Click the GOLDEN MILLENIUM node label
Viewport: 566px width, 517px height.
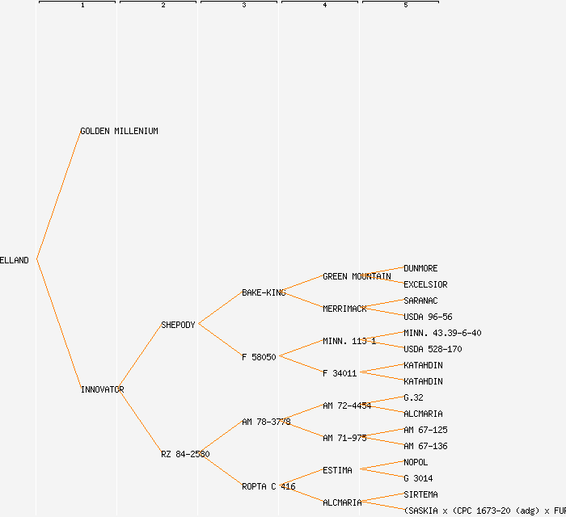pyautogui.click(x=119, y=131)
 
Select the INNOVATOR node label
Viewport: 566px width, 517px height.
pyautogui.click(x=102, y=389)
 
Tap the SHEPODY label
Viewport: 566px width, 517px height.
pyautogui.click(x=178, y=325)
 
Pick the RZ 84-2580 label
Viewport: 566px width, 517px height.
pyautogui.click(x=185, y=454)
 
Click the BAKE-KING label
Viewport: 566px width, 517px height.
pyautogui.click(x=264, y=292)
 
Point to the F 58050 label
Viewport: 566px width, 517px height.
pyautogui.click(x=259, y=357)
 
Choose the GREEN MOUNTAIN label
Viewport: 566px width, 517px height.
pyautogui.click(x=357, y=276)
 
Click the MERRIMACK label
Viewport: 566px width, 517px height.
pyautogui.click(x=344, y=309)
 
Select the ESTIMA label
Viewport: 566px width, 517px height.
pyautogui.click(x=337, y=470)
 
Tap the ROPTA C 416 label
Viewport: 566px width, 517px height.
pyautogui.click(x=268, y=486)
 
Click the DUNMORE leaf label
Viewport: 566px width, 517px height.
pyautogui.click(x=420, y=268)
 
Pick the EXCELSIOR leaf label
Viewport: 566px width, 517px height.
pyautogui.click(x=425, y=284)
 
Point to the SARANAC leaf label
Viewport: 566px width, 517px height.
pyautogui.click(x=420, y=301)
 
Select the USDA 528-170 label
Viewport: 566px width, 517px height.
pyautogui.click(x=433, y=349)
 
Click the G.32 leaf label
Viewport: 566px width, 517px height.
pyautogui.click(x=413, y=397)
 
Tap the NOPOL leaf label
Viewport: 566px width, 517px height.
pyautogui.click(x=416, y=462)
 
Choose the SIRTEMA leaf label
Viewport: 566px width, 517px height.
pyautogui.click(x=420, y=494)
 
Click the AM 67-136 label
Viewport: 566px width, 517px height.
pyautogui.click(x=425, y=446)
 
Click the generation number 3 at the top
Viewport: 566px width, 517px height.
pyautogui.click(x=243, y=6)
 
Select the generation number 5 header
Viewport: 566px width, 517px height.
pyautogui.click(x=405, y=6)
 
